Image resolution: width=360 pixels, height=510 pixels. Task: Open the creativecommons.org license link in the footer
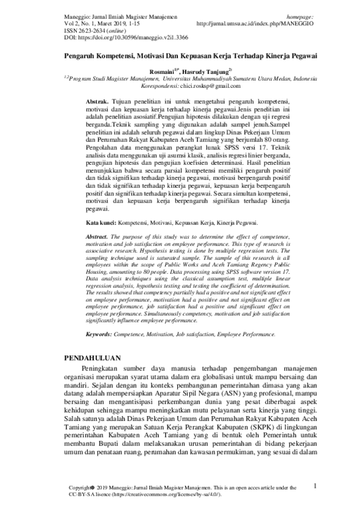168,493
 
